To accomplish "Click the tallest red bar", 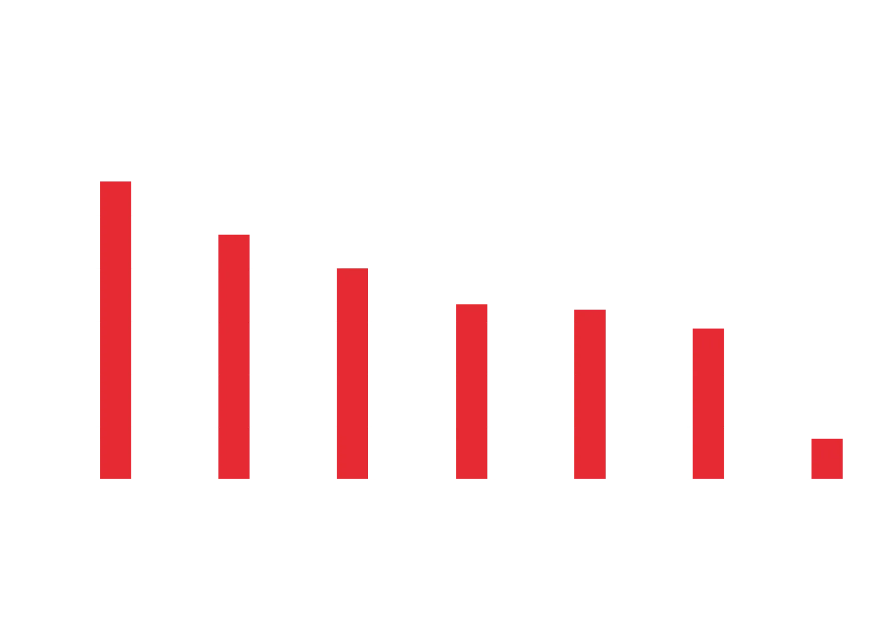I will click(116, 330).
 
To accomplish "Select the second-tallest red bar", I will click(234, 357).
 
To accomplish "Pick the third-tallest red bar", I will click(352, 373).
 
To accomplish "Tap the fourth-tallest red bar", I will click(472, 391).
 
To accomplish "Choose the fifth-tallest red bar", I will click(590, 394).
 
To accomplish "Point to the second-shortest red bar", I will click(708, 403).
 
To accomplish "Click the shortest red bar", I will click(827, 458).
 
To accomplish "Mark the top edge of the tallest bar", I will click(116, 181).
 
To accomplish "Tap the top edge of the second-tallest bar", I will click(234, 235).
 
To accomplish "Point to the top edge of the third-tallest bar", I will click(352, 268).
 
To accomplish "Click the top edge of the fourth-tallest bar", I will click(472, 304).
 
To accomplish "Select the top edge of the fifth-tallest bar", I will click(590, 310).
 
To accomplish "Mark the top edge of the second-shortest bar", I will click(708, 328).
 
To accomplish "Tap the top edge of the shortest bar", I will click(827, 438).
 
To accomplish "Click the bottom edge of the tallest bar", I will click(116, 478).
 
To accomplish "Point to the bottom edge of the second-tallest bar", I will click(234, 478).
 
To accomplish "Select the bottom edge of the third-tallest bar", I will click(352, 478).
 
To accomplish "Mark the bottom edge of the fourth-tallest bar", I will click(472, 478).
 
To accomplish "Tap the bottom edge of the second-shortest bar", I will click(708, 478).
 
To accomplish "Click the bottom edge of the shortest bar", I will click(827, 478).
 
